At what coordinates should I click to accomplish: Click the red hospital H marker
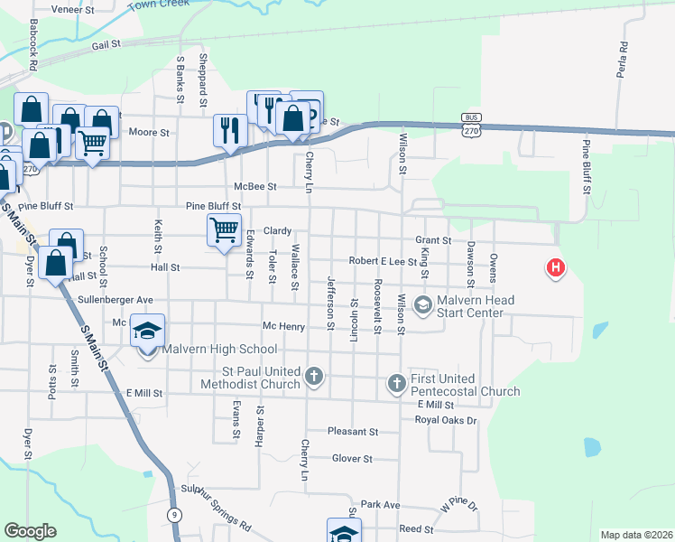556,268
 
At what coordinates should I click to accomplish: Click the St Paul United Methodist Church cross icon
314,376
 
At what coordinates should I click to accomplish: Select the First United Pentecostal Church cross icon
396,384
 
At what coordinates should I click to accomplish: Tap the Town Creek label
159,4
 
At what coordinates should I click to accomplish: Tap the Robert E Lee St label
382,260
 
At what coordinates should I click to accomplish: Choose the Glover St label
352,459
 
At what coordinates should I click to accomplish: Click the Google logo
30,531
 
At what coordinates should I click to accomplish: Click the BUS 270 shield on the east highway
470,125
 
